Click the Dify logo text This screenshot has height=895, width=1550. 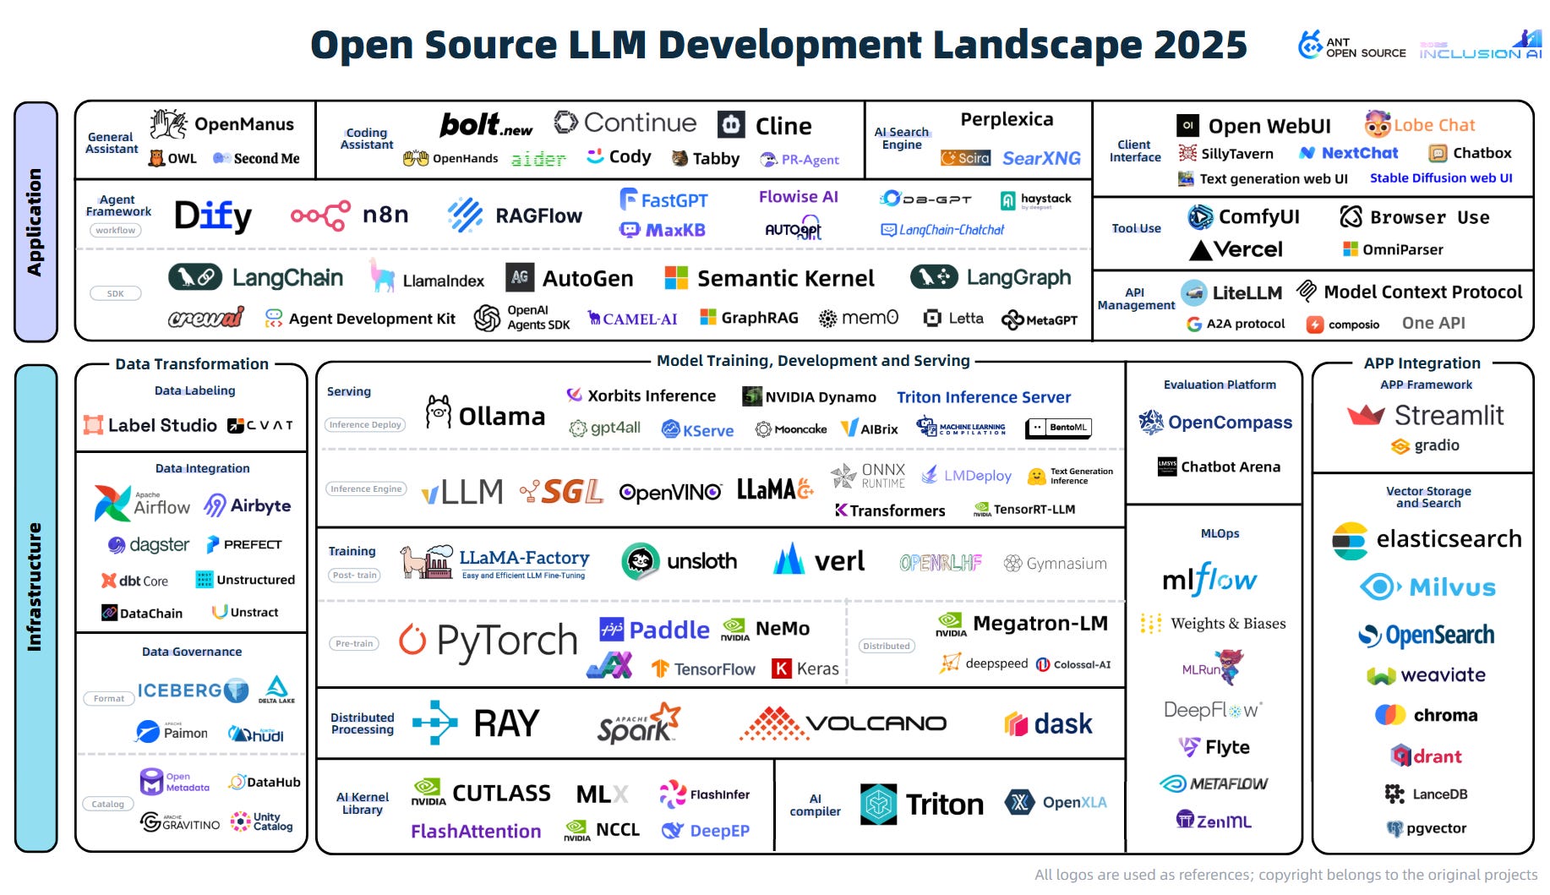213,216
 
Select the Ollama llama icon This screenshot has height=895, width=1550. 438,412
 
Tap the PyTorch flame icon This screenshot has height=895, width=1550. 412,640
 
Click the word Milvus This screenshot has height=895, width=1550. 1452,587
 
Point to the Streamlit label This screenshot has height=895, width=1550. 1449,415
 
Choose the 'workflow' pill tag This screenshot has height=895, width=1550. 115,230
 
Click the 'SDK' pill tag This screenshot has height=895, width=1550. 115,293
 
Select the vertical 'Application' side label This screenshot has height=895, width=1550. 35,221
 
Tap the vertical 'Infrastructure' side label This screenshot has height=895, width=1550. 35,587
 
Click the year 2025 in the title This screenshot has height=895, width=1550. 1200,45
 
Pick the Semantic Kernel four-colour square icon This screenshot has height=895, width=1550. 676,277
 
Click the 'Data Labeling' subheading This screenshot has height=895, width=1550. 194,390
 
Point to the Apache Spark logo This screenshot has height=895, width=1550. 638,723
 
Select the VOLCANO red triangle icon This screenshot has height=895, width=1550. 770,723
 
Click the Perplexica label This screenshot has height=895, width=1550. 1007,119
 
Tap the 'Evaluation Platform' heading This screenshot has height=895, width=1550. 1220,385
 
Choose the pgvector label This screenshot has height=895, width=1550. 1436,828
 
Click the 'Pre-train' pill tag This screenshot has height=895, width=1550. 354,643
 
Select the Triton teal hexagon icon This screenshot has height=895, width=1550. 878,804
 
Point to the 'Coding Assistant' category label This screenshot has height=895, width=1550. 367,139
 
